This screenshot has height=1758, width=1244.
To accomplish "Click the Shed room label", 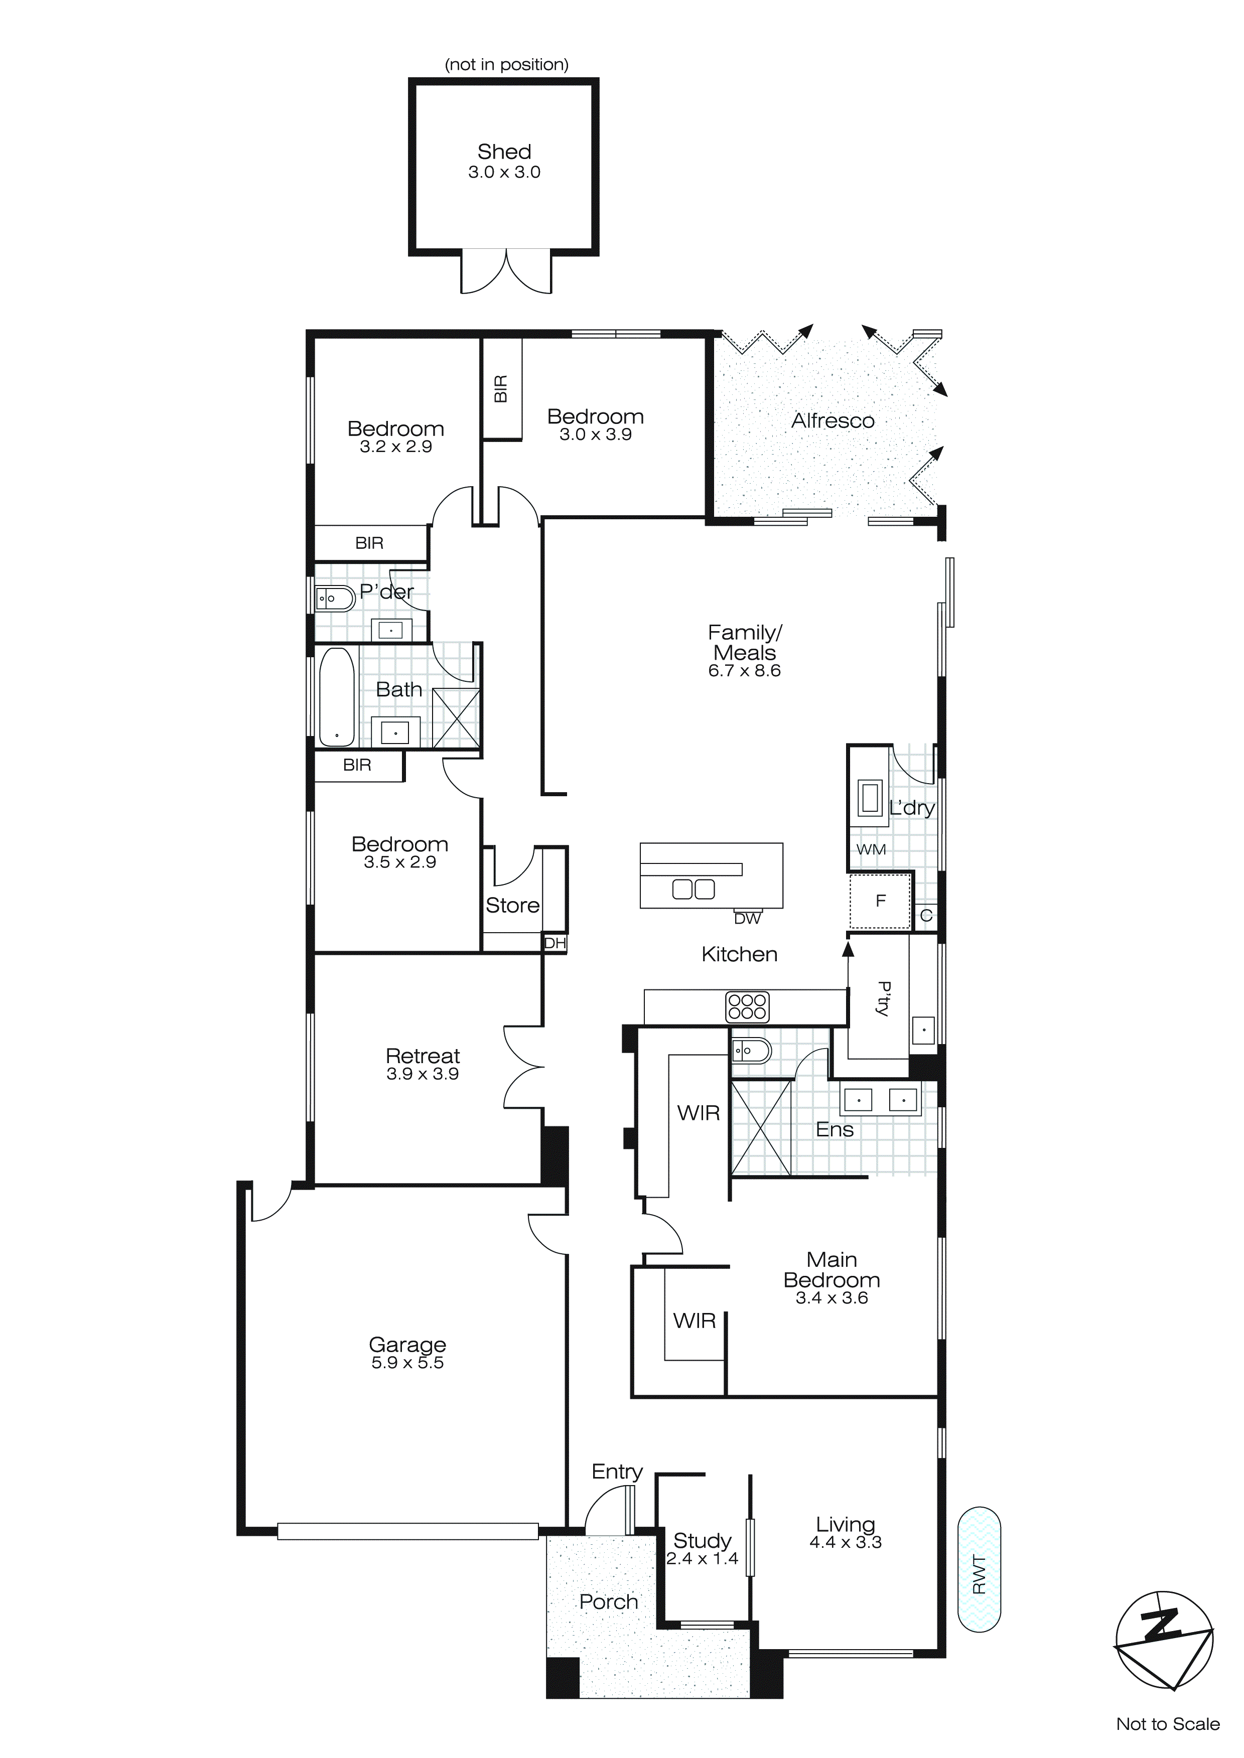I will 504,152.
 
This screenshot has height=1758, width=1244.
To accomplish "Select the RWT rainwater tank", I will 979,1570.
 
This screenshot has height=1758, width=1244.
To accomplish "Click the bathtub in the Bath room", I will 336,697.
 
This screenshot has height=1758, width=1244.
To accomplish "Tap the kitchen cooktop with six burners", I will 747,1006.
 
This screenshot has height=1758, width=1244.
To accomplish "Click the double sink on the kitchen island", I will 693,889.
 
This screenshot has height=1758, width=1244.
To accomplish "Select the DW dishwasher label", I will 747,919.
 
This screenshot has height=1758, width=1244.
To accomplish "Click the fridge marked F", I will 880,901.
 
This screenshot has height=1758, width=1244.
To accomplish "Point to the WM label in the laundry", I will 871,849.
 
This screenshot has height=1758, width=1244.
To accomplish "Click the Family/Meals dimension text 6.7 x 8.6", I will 744,671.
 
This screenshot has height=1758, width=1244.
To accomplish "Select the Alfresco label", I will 833,420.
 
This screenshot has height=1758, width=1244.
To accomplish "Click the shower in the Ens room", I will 761,1126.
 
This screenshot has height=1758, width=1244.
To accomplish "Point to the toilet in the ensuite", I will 750,1051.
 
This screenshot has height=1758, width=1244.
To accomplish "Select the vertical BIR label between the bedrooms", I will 501,388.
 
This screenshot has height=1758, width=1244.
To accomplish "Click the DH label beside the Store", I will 555,943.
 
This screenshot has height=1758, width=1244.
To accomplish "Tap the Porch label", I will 608,1602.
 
